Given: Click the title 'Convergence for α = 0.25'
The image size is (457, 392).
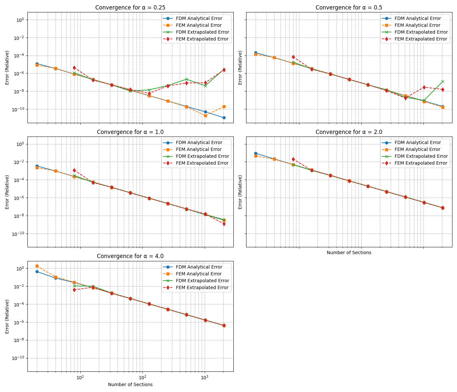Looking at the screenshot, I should coord(130,8).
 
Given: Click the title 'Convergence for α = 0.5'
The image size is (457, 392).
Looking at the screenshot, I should coord(349,8).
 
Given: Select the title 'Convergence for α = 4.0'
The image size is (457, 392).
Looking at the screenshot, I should coord(130,256).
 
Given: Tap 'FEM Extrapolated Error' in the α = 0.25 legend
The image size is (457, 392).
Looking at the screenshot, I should coord(197,39).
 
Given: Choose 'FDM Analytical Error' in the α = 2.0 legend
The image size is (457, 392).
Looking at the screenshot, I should coord(418,142).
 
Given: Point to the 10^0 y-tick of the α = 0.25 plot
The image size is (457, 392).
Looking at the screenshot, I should coord(20,20).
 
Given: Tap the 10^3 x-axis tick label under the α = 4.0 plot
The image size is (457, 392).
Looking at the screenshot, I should coord(204,378).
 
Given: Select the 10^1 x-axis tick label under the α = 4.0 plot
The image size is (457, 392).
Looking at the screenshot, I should coord(80,378).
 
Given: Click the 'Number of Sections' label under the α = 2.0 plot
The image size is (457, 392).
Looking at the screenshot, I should coord(349,253).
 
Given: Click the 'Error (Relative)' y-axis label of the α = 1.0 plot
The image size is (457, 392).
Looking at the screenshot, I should coord(7,192).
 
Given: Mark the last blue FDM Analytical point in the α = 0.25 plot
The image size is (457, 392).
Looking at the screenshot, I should coord(224,118).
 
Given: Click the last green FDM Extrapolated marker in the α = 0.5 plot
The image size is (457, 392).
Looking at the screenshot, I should coord(443,81).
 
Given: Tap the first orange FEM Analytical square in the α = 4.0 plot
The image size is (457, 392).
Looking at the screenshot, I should coord(37,266).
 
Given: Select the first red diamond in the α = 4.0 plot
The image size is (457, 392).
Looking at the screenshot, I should coord(74,290).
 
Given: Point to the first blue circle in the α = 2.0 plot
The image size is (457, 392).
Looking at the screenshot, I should coord(256,153).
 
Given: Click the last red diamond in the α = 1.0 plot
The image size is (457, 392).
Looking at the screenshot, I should coord(224,224).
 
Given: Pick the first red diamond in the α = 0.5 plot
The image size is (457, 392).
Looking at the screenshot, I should coord(293,57).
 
